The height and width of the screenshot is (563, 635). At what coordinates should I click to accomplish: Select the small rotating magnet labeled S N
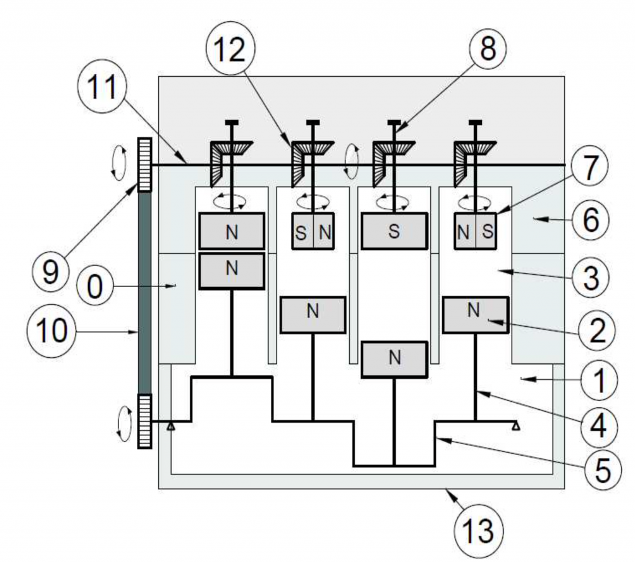313,231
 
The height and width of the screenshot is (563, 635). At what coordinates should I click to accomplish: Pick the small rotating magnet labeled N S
475,231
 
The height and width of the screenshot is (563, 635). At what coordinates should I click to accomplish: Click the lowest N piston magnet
394,359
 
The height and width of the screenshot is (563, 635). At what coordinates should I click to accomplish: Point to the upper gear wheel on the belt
144,164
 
